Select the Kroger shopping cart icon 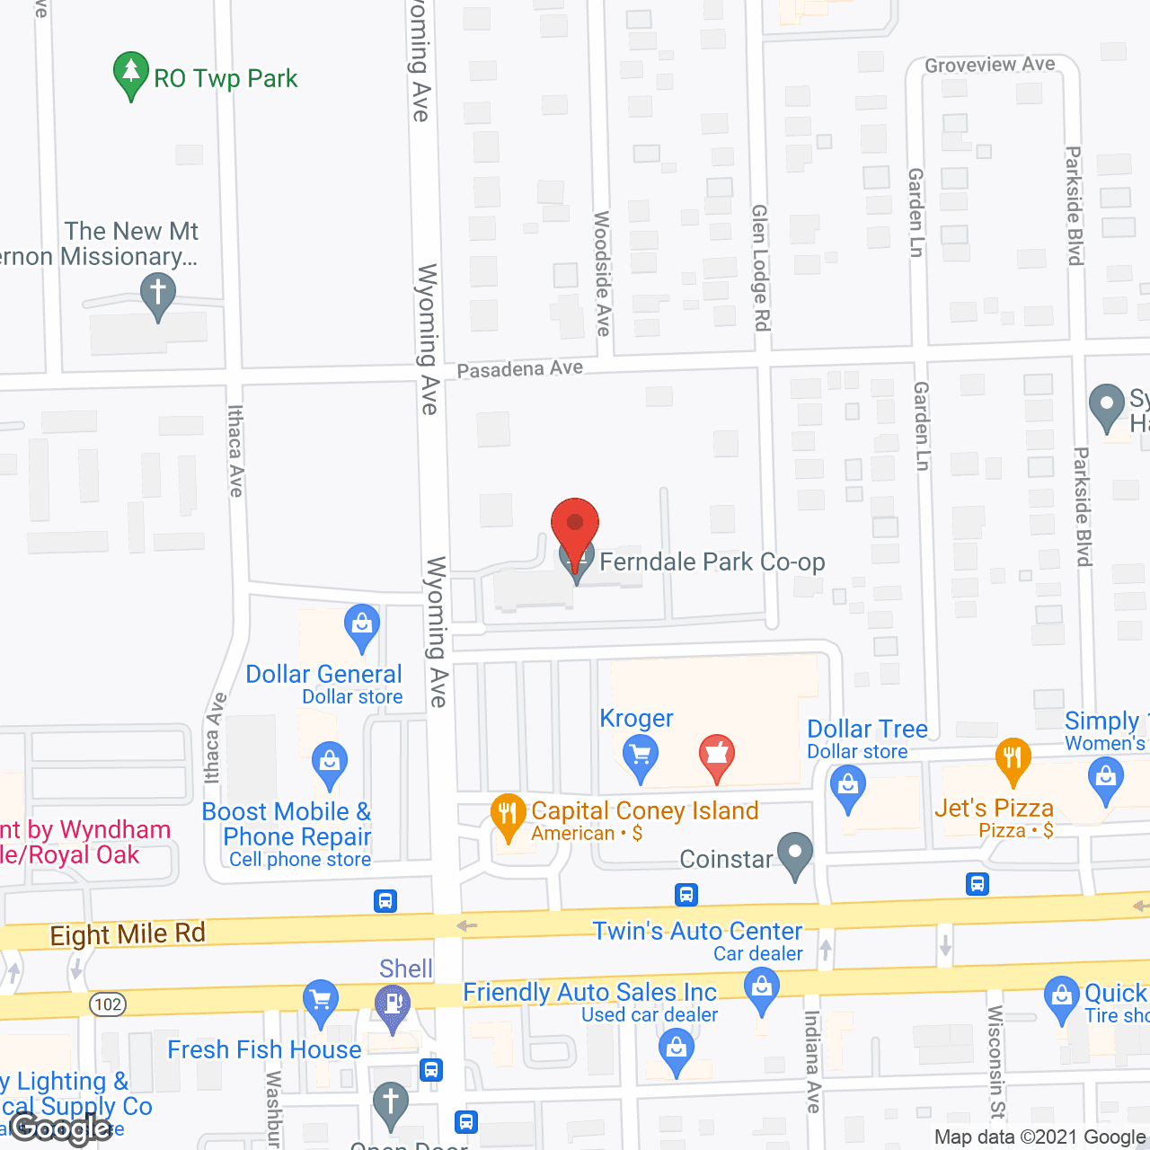pos(640,756)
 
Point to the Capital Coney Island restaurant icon pos(509,816)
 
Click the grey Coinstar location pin pos(795,854)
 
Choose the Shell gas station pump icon pos(392,1005)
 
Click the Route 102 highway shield pos(108,1004)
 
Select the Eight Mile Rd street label pos(128,934)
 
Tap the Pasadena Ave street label pos(519,369)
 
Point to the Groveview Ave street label pos(989,65)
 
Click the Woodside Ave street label pos(602,273)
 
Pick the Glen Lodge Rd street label pos(760,267)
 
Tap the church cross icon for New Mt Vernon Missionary pos(158,294)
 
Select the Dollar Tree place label pos(867,729)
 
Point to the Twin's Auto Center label pos(697,931)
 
